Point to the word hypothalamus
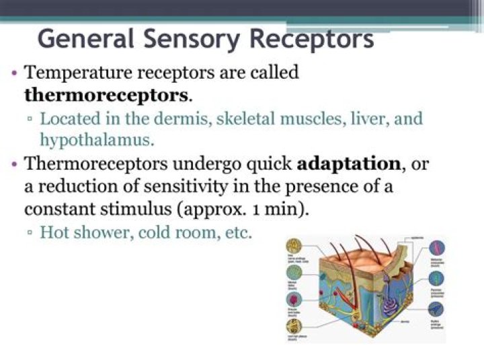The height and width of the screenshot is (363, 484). tap(95, 140)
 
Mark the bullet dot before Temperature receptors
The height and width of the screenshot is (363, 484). tap(15, 72)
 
